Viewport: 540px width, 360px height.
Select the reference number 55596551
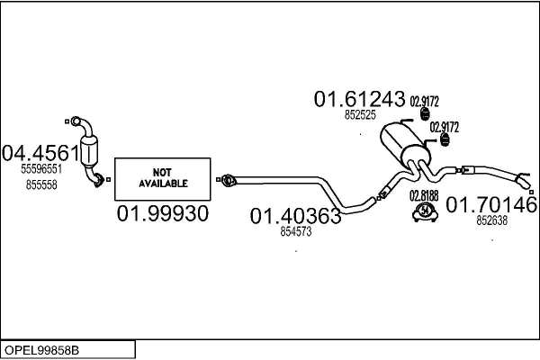(41, 168)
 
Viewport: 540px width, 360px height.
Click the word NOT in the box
(162, 171)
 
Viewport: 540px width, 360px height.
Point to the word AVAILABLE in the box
(163, 183)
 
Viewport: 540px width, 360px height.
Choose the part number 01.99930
(162, 214)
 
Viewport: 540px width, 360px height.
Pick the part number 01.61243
(359, 101)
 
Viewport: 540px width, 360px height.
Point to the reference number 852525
(359, 115)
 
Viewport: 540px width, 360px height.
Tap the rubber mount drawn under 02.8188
(423, 211)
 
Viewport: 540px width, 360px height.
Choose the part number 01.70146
(491, 205)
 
